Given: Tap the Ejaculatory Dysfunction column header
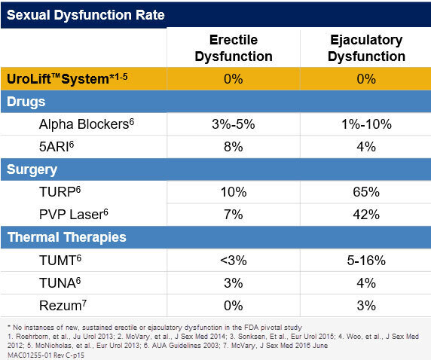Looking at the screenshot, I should [366, 47].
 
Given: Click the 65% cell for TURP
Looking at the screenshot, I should [365, 192].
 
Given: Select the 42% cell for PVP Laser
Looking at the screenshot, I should [365, 215].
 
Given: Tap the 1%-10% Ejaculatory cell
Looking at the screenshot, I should [365, 124].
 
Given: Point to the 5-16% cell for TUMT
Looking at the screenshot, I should [365, 260].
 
